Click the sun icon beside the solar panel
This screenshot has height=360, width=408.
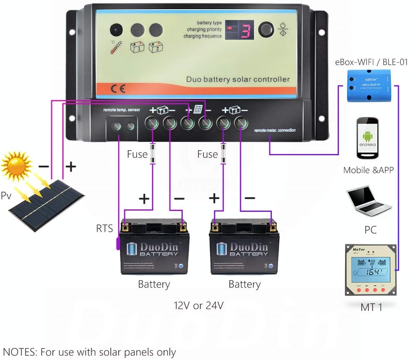17,165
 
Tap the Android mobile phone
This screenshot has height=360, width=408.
368,138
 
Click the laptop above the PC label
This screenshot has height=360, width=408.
368,203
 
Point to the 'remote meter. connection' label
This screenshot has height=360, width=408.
275,130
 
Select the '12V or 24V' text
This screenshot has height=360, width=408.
199,305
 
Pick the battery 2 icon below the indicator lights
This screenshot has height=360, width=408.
155,47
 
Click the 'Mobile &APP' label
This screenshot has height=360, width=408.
368,170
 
